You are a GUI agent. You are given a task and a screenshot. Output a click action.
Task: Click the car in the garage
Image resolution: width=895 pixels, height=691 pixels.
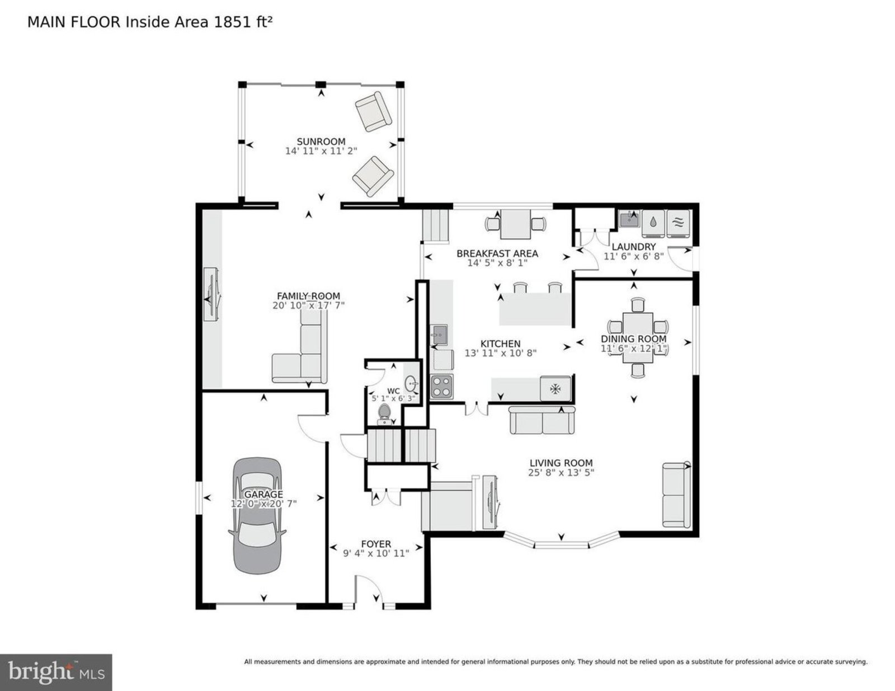pyautogui.click(x=257, y=515)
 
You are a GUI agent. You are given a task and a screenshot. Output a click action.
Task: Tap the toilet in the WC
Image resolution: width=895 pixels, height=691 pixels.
pyautogui.click(x=384, y=414)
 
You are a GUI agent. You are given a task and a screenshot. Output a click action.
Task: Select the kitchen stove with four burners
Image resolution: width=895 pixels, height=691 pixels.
pyautogui.click(x=441, y=386)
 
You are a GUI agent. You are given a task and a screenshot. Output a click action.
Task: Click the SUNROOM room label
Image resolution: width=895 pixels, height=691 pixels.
pyautogui.click(x=321, y=141)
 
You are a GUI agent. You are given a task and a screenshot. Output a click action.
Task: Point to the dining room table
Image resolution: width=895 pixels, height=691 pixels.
pyautogui.click(x=638, y=337)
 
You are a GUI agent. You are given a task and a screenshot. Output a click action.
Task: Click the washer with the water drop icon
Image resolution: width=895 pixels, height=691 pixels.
pyautogui.click(x=653, y=224)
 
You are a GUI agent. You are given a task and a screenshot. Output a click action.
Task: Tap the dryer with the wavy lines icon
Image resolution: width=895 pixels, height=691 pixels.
pyautogui.click(x=677, y=224)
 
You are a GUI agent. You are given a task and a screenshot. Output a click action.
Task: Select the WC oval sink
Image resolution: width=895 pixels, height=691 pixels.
pyautogui.click(x=411, y=384)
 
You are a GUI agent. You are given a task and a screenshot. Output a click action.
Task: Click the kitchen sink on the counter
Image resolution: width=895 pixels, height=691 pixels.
pyautogui.click(x=439, y=335)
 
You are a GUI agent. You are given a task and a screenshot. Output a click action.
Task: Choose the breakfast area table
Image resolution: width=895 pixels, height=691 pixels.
pyautogui.click(x=516, y=224)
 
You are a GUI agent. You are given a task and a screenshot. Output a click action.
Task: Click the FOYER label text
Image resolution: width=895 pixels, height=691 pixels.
pyautogui.click(x=376, y=544)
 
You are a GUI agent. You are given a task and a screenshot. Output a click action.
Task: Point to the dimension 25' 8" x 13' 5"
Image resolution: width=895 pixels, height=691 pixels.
pyautogui.click(x=561, y=472)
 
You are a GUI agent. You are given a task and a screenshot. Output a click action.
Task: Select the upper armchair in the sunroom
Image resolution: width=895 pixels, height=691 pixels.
pyautogui.click(x=373, y=111)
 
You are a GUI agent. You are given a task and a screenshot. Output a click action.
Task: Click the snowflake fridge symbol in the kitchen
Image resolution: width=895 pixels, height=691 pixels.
pyautogui.click(x=555, y=388)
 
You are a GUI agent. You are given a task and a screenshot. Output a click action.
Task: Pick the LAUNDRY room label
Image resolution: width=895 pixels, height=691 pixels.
pyautogui.click(x=633, y=247)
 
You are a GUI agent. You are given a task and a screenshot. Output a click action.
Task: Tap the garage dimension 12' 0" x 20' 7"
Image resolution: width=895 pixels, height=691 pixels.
pyautogui.click(x=263, y=503)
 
